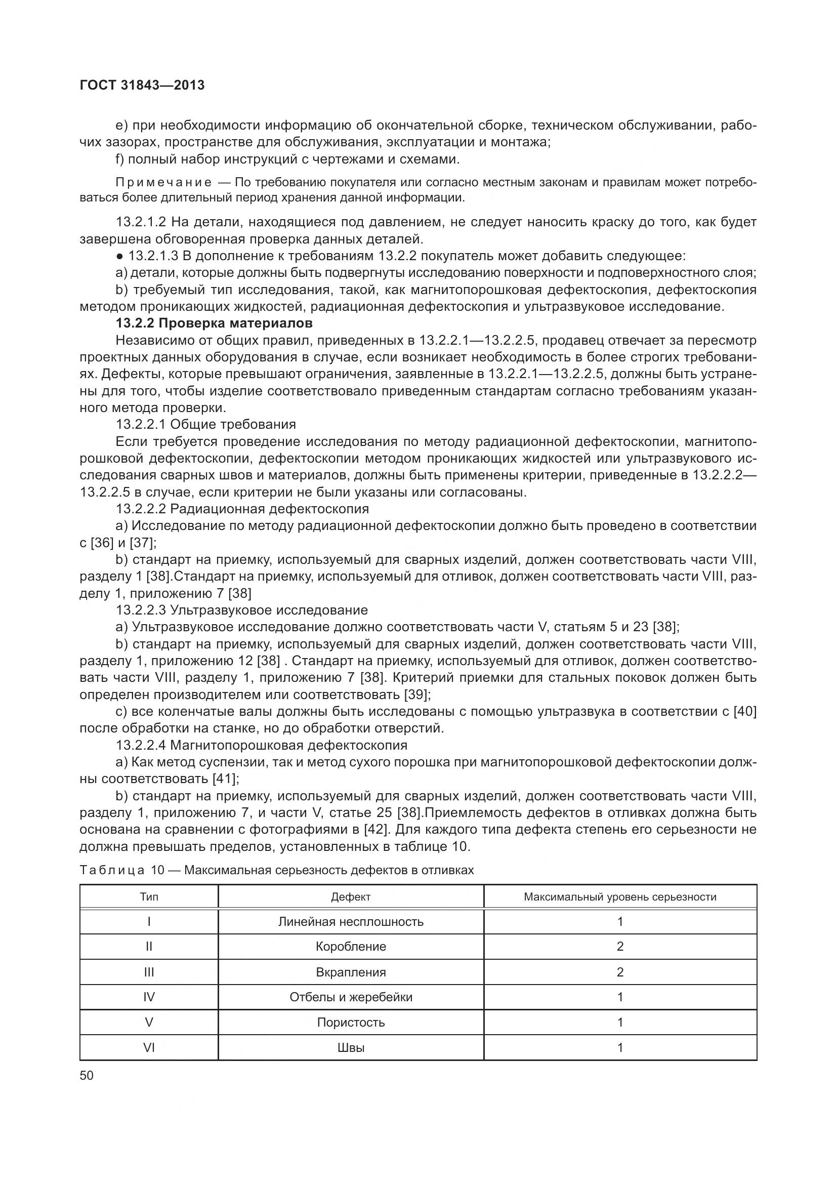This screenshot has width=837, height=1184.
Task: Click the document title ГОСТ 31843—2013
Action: tap(142, 85)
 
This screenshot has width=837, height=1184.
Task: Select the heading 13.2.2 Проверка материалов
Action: tap(214, 323)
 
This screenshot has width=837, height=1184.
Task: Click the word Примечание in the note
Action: tap(163, 182)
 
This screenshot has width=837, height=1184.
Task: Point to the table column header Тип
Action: tap(149, 897)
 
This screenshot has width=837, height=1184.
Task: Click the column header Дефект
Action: tap(351, 897)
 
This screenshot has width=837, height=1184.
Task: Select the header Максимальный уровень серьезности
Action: tap(619, 897)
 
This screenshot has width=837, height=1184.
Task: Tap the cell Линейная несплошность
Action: tap(351, 921)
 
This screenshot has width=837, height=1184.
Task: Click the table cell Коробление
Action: tap(351, 946)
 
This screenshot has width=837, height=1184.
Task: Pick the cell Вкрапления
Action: tap(351, 972)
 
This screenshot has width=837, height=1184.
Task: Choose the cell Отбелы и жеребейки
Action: tap(351, 997)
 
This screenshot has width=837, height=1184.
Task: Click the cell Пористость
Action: tap(351, 1022)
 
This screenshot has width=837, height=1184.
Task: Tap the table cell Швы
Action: tap(351, 1047)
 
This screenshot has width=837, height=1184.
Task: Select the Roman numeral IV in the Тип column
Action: tap(149, 997)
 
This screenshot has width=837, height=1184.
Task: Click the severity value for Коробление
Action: tap(619, 946)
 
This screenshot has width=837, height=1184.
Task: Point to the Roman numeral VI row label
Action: tap(149, 1047)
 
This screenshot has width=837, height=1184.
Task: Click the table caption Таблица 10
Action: tap(121, 870)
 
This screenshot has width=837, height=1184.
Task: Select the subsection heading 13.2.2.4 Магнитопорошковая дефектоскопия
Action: tap(261, 745)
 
